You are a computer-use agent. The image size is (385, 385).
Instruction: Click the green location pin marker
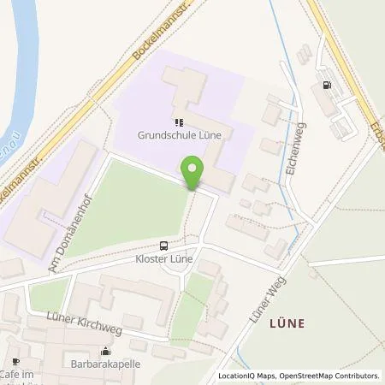pos(196,173)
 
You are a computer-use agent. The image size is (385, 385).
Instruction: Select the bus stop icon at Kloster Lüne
pos(163,245)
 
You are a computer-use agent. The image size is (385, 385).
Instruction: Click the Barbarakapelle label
pos(105,363)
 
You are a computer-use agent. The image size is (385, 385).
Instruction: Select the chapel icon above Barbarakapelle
pos(105,351)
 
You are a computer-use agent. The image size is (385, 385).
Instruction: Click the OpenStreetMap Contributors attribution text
pos(333,376)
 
